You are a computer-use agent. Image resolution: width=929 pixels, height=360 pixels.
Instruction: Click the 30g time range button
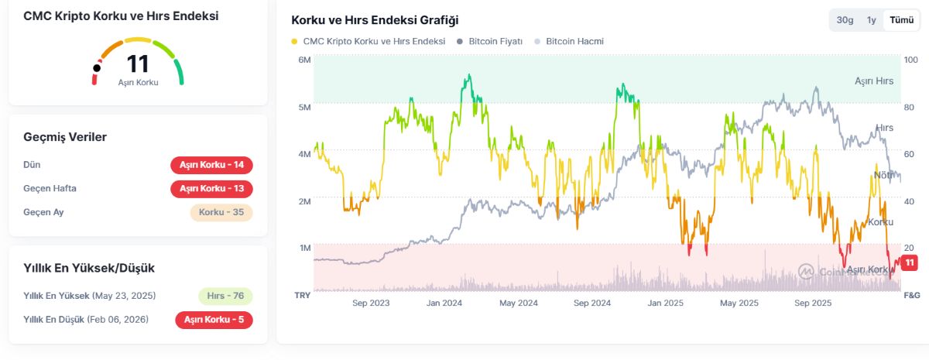(x=845, y=20)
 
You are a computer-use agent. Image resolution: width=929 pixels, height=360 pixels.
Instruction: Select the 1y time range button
(x=872, y=20)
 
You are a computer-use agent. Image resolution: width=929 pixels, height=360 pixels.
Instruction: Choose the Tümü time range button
(x=900, y=20)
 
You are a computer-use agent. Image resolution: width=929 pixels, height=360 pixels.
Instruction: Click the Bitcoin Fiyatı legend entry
(x=489, y=41)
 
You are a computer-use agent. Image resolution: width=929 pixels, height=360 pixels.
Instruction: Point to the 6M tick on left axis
(x=304, y=60)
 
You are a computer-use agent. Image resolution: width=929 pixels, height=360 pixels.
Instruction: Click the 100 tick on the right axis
(x=910, y=60)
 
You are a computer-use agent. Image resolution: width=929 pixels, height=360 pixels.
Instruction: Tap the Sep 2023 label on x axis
(x=371, y=303)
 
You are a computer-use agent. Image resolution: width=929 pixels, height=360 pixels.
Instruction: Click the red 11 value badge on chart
(x=910, y=263)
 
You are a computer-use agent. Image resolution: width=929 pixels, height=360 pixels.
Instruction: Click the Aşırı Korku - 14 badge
(x=211, y=165)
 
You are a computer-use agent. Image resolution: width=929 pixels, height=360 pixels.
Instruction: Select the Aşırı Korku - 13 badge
(x=211, y=189)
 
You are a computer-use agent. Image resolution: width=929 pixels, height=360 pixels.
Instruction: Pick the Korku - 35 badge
(x=221, y=212)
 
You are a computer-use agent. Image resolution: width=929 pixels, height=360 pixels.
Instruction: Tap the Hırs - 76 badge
(x=225, y=296)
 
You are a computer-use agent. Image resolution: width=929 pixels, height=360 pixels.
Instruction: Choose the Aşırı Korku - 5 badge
(x=214, y=319)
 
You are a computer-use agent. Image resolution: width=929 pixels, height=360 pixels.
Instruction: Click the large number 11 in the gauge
(x=138, y=63)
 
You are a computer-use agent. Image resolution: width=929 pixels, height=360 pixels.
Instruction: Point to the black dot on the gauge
(x=97, y=68)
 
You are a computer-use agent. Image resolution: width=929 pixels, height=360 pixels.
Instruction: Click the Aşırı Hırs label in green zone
(x=874, y=81)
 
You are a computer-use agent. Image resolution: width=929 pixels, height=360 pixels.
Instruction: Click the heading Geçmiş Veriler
(x=65, y=137)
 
